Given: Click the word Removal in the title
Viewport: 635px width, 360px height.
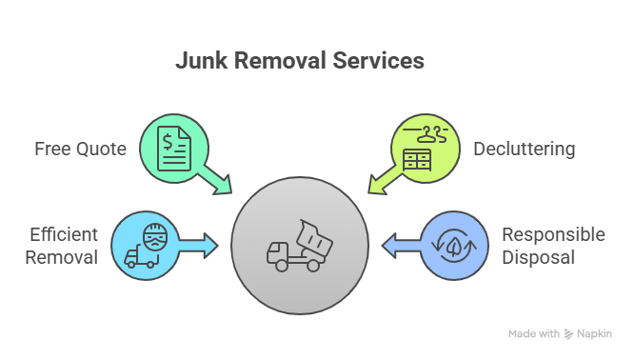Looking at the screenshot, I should (280, 61).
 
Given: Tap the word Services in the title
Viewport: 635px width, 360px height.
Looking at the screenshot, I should (379, 61).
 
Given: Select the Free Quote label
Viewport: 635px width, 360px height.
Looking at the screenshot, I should (80, 150).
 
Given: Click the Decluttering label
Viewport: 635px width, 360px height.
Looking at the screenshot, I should (524, 150).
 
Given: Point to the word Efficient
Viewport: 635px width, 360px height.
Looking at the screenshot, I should (64, 234).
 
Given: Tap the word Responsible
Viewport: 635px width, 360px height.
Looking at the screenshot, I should (553, 234).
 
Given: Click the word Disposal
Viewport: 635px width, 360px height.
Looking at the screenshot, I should (538, 257).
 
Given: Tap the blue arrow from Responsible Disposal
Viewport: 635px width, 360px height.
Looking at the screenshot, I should (399, 248).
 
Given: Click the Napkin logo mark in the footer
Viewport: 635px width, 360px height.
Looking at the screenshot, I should (569, 334).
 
